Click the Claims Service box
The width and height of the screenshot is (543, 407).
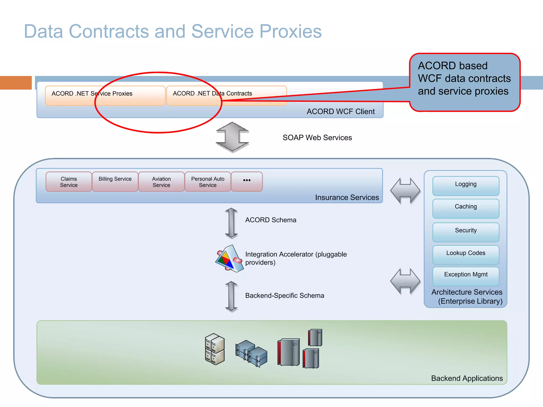tap(69, 182)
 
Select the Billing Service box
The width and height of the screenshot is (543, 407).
tap(115, 182)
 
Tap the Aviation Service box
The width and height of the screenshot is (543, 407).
tap(161, 182)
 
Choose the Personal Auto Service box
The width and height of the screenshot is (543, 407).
tap(208, 182)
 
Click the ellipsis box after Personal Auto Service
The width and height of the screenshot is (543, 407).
tap(247, 182)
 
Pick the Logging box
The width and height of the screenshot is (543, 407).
tap(466, 186)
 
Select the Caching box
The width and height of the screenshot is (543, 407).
tap(466, 208)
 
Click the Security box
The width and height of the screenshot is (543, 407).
tap(466, 232)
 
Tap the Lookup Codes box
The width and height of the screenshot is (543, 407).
tap(466, 254)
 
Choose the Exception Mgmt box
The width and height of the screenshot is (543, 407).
tap(466, 276)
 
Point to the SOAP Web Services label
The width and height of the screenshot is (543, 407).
tap(317, 138)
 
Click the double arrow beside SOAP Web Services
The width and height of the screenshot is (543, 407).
tap(232, 137)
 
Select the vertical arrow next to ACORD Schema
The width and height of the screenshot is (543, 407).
tap(231, 223)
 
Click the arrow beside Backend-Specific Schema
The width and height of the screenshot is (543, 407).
tap(231, 296)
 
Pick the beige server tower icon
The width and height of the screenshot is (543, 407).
tap(215, 349)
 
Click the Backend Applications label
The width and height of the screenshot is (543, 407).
tap(467, 378)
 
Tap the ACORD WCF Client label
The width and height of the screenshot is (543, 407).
tap(340, 112)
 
